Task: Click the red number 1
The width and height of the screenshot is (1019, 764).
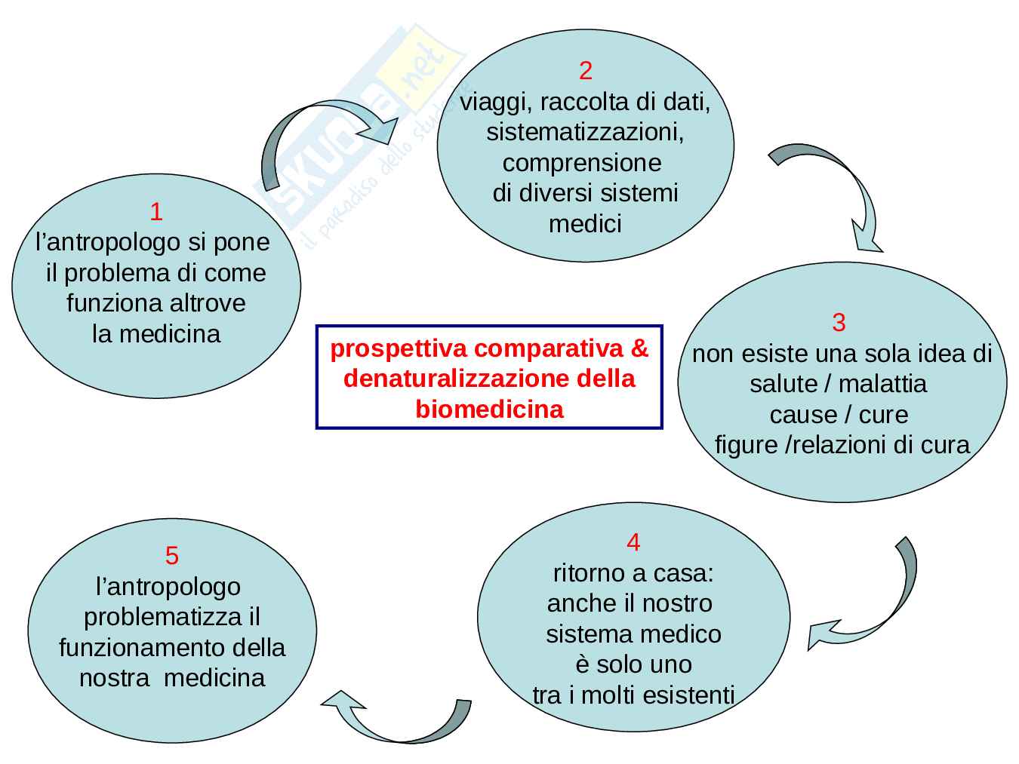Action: (x=156, y=212)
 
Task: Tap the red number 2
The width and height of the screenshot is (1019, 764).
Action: (x=585, y=71)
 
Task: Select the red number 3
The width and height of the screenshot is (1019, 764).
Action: (x=839, y=323)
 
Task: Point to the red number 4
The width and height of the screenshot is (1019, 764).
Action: (x=633, y=542)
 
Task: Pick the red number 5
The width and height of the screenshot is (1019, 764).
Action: (x=172, y=556)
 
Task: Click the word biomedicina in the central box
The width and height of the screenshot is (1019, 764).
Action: (x=489, y=409)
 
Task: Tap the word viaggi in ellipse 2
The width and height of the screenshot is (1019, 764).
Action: (x=488, y=102)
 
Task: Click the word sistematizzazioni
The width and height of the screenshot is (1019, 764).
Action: (x=585, y=133)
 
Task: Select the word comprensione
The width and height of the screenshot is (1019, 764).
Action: (x=581, y=163)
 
